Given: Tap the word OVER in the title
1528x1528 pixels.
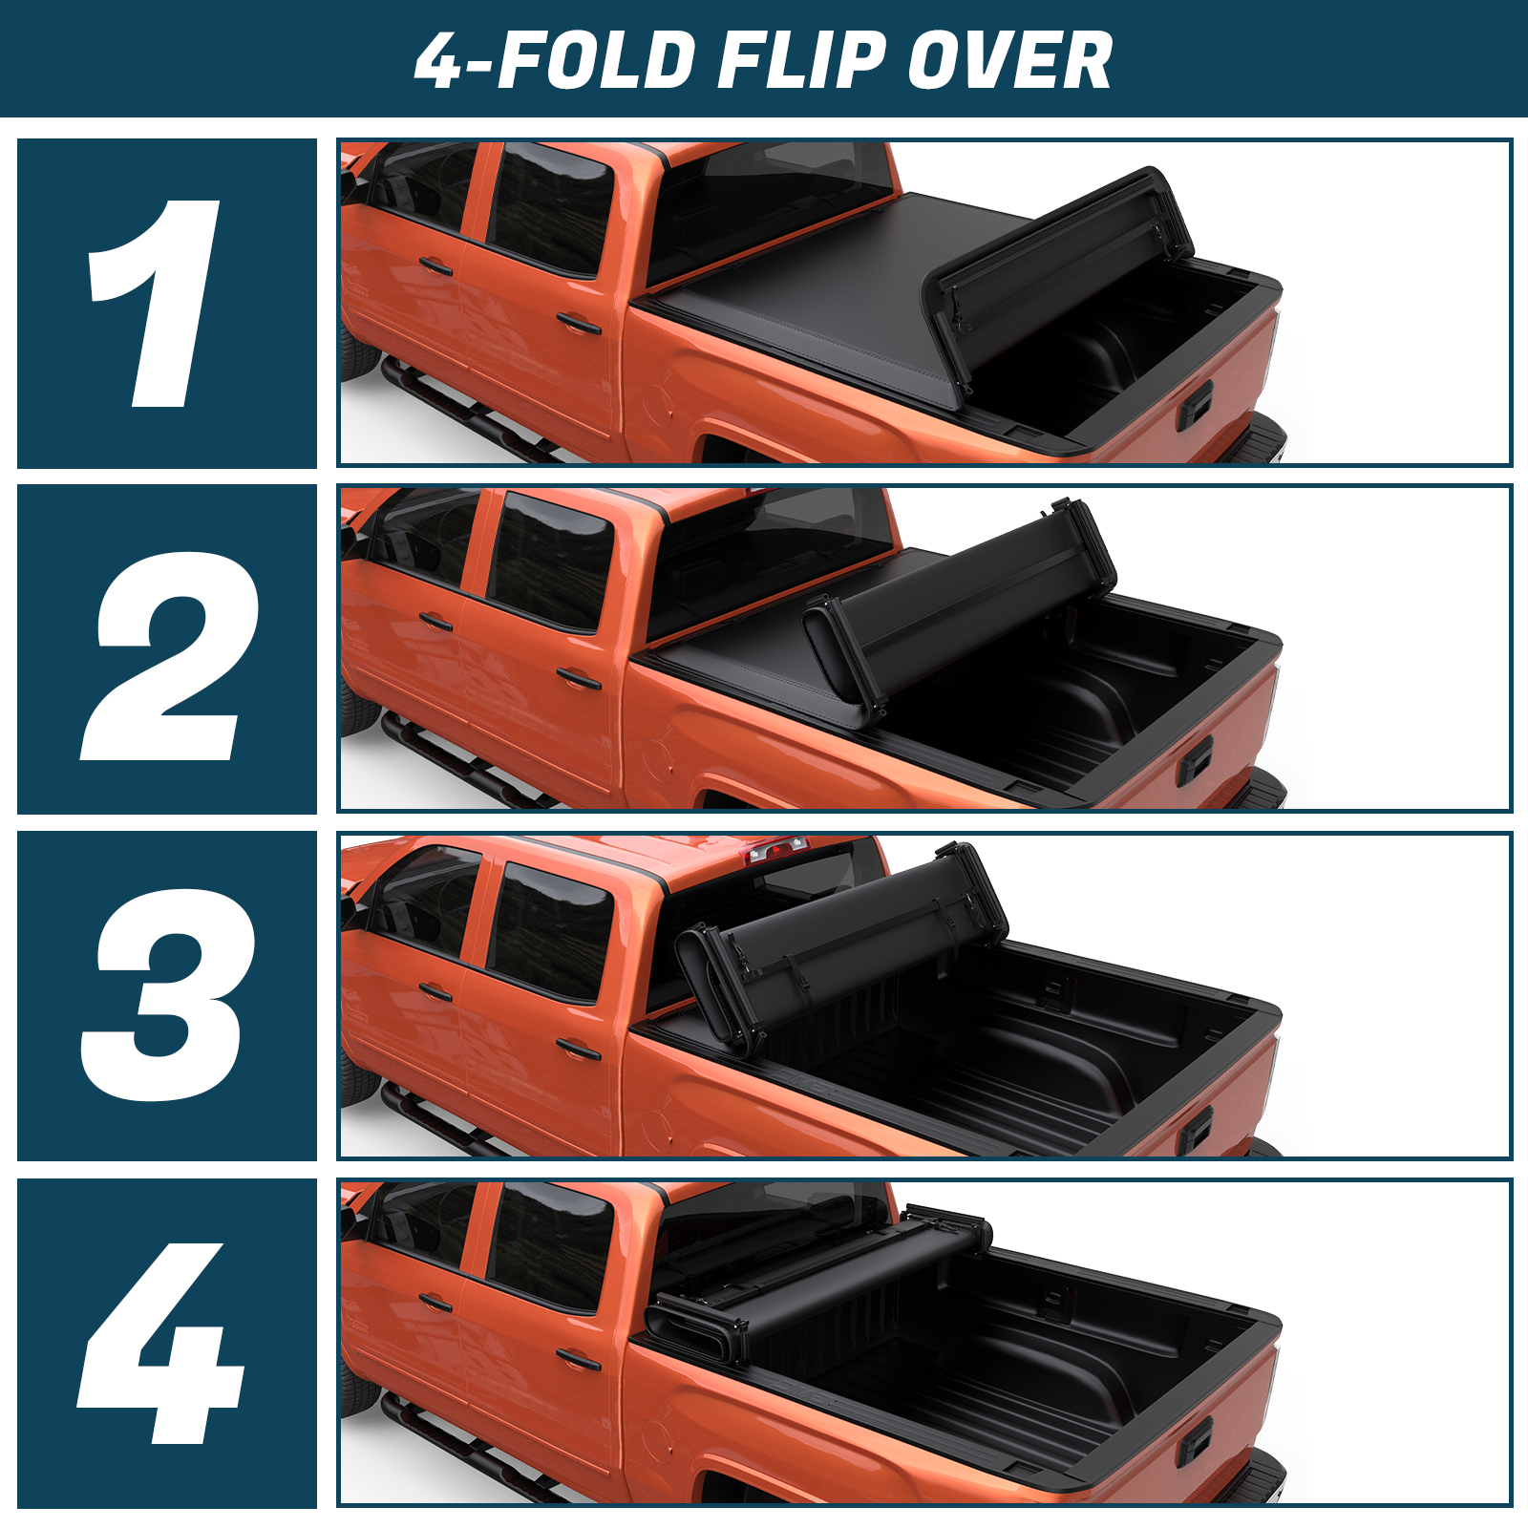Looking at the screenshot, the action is tap(1009, 61).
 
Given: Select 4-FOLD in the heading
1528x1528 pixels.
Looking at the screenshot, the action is tap(555, 61).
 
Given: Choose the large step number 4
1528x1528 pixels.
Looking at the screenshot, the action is tap(160, 1344).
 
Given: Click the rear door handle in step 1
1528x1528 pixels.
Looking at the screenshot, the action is tap(579, 324).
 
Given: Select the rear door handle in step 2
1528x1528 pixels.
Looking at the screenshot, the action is tap(579, 679).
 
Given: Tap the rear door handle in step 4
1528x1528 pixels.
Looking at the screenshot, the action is tap(579, 1358).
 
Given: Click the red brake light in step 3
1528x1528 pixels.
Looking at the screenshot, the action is tap(778, 848).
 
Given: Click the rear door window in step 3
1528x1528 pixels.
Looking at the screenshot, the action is tap(550, 930).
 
